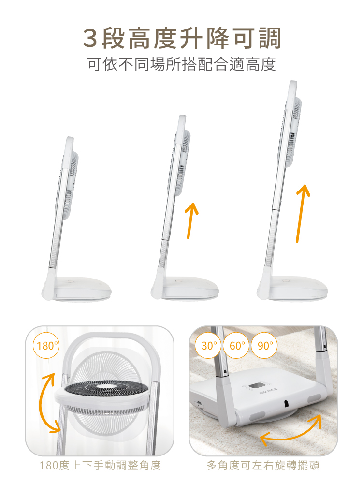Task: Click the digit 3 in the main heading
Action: (x=90, y=38)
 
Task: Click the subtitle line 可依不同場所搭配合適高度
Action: (x=182, y=64)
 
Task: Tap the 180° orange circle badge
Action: (x=46, y=345)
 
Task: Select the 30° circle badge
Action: (x=208, y=345)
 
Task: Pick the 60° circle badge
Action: (x=236, y=345)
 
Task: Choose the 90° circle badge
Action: (x=264, y=345)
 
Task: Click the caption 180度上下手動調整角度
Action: (x=101, y=465)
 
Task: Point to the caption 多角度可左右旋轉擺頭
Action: (x=263, y=465)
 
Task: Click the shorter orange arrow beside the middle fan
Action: (x=191, y=220)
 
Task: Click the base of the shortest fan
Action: (x=77, y=289)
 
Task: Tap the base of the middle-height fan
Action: (x=185, y=289)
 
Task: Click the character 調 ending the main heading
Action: (x=270, y=38)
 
